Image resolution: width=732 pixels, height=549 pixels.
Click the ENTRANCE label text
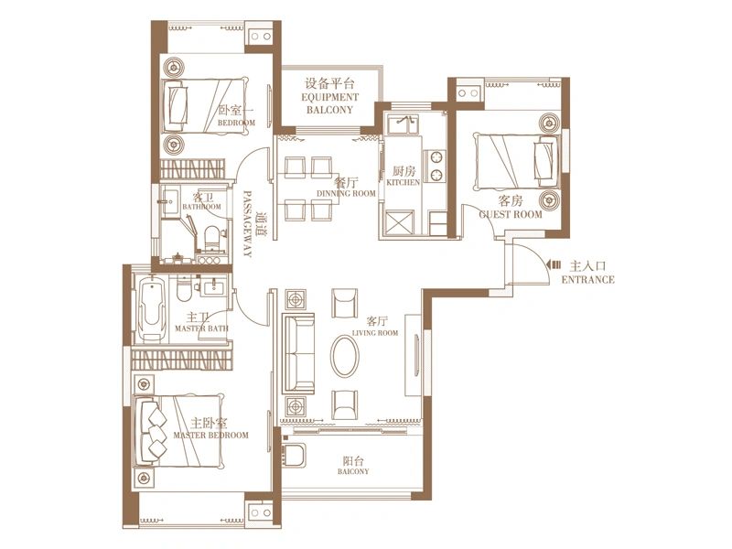pos(587,280)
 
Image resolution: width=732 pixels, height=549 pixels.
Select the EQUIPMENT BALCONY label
pos(329,103)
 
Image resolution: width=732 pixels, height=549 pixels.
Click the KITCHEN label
pos(404,182)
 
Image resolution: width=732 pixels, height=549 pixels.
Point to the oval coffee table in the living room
pos(345,356)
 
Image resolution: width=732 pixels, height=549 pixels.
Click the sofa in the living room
pos(299,353)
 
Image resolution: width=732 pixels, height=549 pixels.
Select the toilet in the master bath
pos(184,289)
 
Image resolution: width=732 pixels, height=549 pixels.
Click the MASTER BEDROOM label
pos(211,436)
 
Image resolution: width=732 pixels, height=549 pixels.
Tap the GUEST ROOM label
pos(511,214)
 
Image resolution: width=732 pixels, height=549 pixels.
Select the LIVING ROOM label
pos(375,333)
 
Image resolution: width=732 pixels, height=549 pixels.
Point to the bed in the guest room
pos(516,162)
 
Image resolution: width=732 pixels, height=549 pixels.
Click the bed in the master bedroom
pos(178,431)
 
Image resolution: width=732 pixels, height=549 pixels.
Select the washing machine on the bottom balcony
pos(294,455)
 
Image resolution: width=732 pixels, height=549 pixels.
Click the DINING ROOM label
pos(346,193)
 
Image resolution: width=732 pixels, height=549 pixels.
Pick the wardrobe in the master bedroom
pos(182,359)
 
